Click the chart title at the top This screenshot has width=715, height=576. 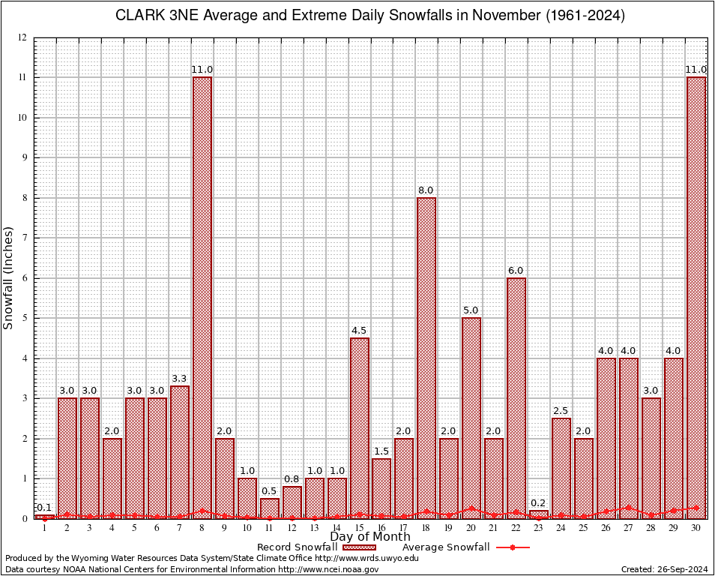(369, 16)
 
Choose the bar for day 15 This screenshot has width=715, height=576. (360, 428)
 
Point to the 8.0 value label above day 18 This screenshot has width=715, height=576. (426, 190)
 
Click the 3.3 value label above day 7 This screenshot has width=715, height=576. (180, 379)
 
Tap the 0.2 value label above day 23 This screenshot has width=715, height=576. (539, 503)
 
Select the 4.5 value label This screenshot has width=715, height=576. (360, 331)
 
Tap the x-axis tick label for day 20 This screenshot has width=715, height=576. (471, 528)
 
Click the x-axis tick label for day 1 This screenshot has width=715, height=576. (45, 528)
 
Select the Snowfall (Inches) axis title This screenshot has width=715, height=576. (9, 277)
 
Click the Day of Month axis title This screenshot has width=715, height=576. (369, 537)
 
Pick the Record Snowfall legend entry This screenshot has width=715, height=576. (315, 547)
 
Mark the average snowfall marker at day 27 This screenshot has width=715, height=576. (629, 508)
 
